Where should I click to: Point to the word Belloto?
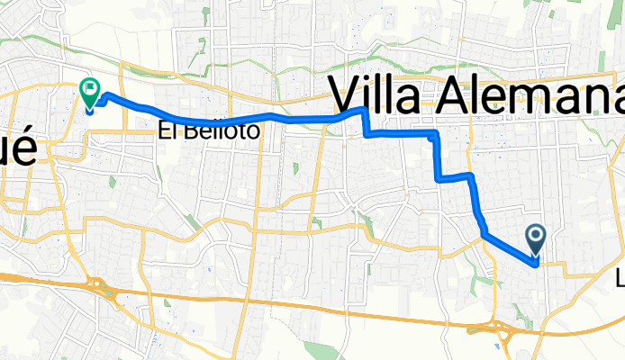click(x=221, y=131)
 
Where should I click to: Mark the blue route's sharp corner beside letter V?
click(x=363, y=110)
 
